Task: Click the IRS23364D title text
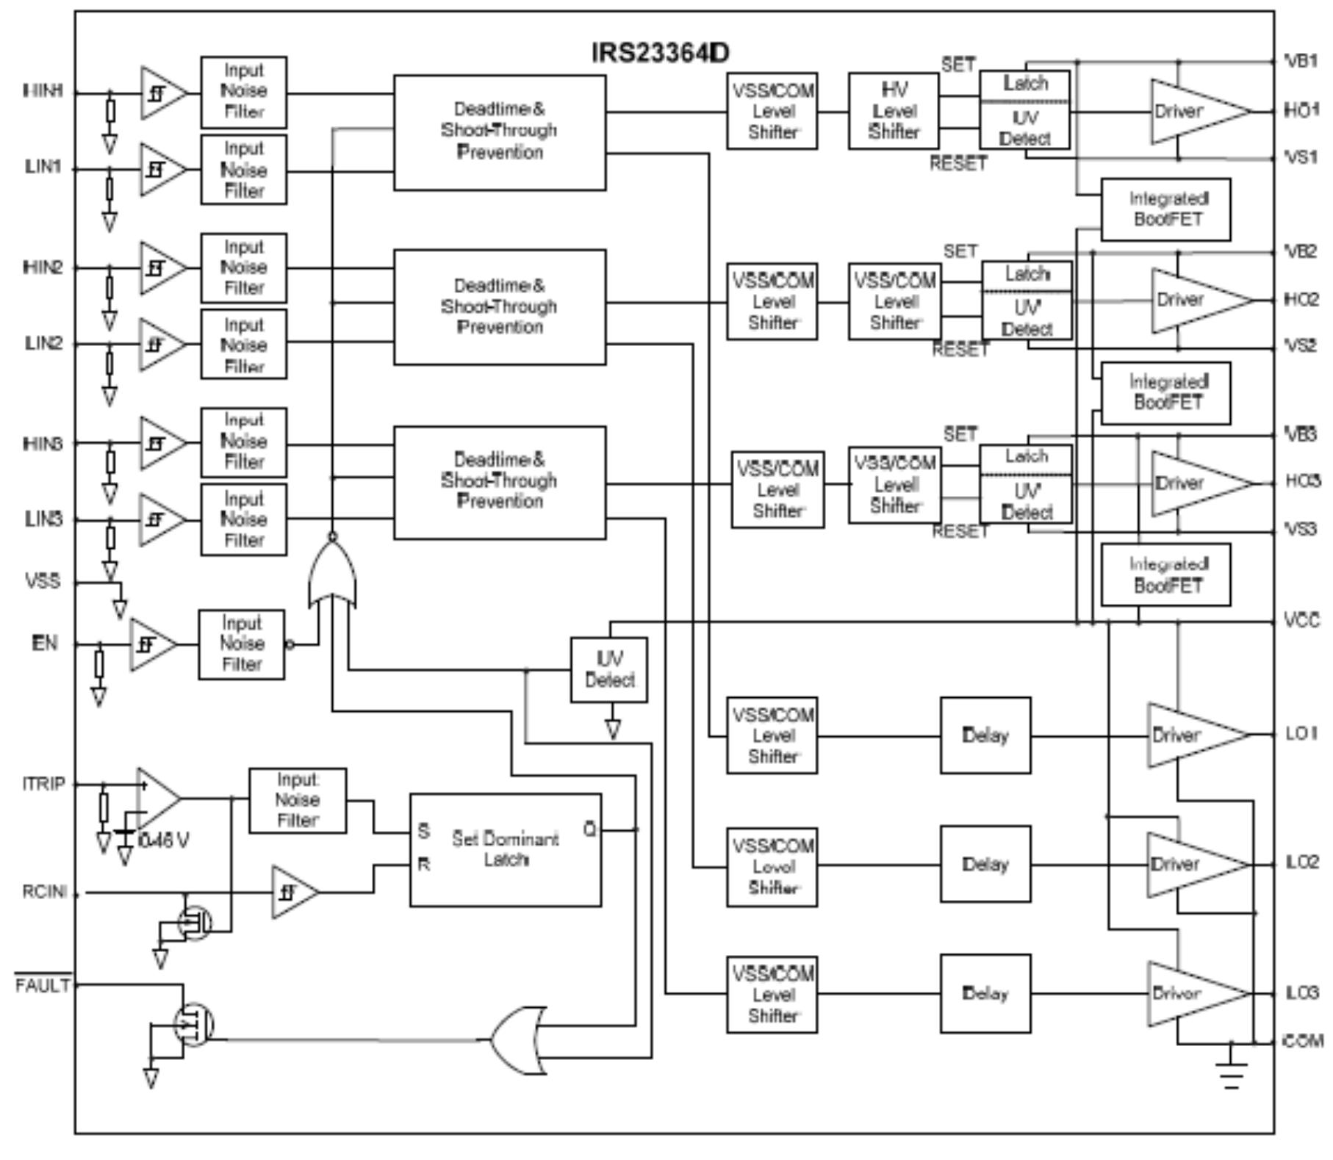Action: pyautogui.click(x=660, y=53)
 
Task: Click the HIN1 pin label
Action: pyautogui.click(x=43, y=91)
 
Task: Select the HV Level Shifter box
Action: pyautogui.click(x=893, y=111)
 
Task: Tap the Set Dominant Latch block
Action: pyautogui.click(x=505, y=849)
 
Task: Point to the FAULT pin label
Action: pyautogui.click(x=43, y=985)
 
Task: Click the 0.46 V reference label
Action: pyautogui.click(x=163, y=840)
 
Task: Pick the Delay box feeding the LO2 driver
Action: pyautogui.click(x=985, y=864)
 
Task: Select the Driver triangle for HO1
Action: pyautogui.click(x=1190, y=112)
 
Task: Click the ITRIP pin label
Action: pyautogui.click(x=43, y=784)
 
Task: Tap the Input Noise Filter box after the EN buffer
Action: pyautogui.click(x=241, y=644)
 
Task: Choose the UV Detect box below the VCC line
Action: pyautogui.click(x=608, y=669)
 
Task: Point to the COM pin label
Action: pyautogui.click(x=1303, y=1040)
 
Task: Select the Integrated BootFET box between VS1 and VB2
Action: pyautogui.click(x=1165, y=209)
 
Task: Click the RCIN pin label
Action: pyautogui.click(x=44, y=892)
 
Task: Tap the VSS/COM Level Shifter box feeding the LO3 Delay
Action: pyautogui.click(x=772, y=994)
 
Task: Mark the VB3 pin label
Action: pyautogui.click(x=1301, y=434)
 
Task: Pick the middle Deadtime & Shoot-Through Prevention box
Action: pyautogui.click(x=500, y=306)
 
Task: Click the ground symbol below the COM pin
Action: pyautogui.click(x=1232, y=1073)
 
